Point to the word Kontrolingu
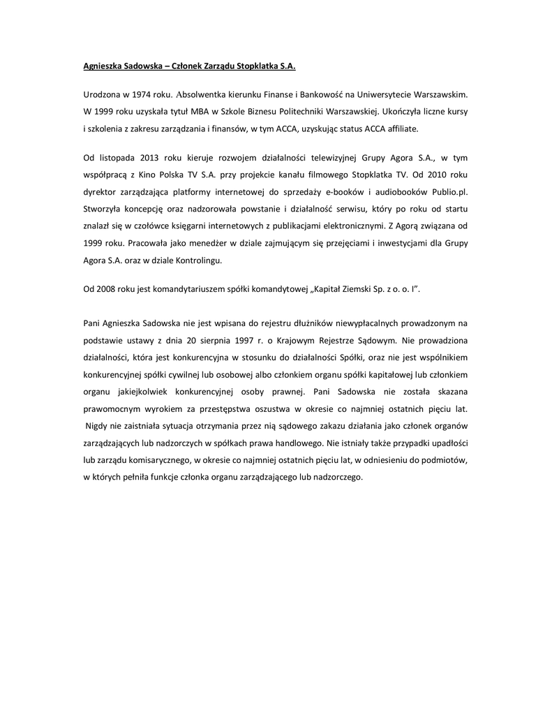coord(216,260)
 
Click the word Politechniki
coord(338,111)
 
